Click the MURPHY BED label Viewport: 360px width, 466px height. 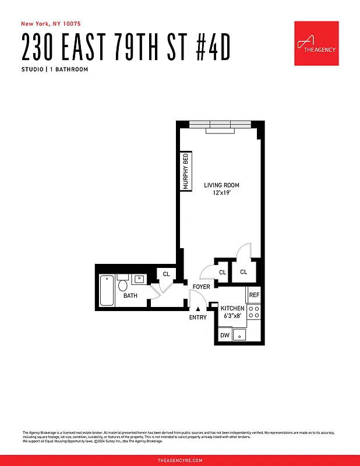tap(186, 171)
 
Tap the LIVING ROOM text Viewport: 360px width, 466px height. tap(221, 185)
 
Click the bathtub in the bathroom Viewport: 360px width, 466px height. tap(107, 290)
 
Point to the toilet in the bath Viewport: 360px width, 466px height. tap(122, 285)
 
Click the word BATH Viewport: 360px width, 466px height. tap(130, 296)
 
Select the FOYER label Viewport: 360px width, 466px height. tap(202, 287)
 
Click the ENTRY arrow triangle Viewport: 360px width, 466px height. tap(198, 309)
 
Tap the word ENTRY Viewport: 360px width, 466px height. tap(198, 317)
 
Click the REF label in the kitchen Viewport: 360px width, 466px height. tap(254, 295)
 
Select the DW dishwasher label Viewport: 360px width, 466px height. tap(225, 336)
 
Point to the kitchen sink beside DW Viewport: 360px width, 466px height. tap(239, 335)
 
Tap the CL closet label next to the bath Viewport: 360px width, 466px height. tap(166, 274)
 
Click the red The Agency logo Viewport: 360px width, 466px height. tap(316, 44)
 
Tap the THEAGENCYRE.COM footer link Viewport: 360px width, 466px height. tap(180, 460)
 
